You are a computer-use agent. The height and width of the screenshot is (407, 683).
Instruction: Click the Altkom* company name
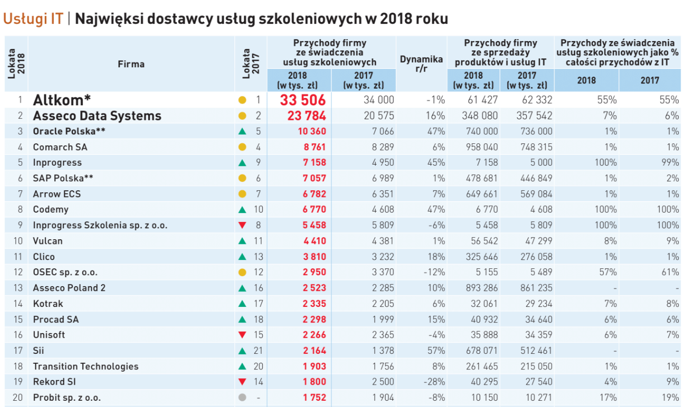pyautogui.click(x=62, y=100)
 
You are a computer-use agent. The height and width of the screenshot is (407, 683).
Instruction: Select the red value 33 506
pyautogui.click(x=303, y=100)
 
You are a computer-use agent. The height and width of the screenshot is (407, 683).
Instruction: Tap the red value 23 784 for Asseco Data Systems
pyautogui.click(x=307, y=116)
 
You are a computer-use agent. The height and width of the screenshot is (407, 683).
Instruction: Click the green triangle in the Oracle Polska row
pyautogui.click(x=242, y=131)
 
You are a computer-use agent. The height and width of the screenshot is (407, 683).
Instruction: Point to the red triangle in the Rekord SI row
pyautogui.click(x=242, y=382)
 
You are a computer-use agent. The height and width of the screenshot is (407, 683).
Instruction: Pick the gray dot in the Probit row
pyautogui.click(x=242, y=398)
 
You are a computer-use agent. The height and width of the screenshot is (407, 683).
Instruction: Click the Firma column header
pyautogui.click(x=131, y=64)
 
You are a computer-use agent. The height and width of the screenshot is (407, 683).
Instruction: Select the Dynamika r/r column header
pyautogui.click(x=421, y=64)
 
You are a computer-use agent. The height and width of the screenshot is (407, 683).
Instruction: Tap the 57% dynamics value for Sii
pyautogui.click(x=436, y=351)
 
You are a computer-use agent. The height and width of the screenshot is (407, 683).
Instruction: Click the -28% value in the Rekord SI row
pyautogui.click(x=434, y=382)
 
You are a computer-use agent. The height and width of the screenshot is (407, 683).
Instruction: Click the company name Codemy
pyautogui.click(x=51, y=209)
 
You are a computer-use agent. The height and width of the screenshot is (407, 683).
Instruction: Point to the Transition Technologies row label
pyautogui.click(x=85, y=366)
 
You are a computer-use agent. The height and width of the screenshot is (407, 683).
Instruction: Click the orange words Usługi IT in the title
pyautogui.click(x=33, y=19)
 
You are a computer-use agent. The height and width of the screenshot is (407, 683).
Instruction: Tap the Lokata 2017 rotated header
pyautogui.click(x=251, y=64)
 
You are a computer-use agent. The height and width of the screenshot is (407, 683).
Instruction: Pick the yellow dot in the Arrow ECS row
pyautogui.click(x=242, y=194)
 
